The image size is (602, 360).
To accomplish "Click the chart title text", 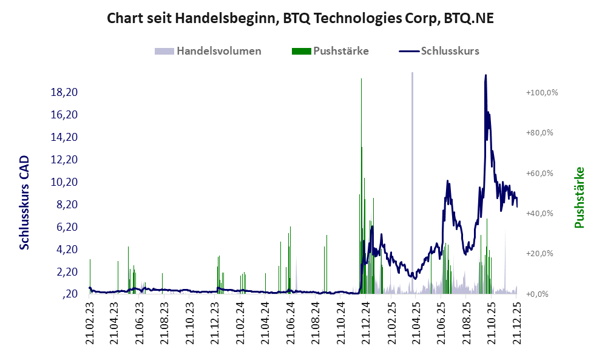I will pyautogui.click(x=300, y=18).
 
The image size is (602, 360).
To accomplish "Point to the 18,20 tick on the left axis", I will pyautogui.click(x=64, y=92).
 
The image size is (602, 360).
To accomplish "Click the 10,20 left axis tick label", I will pyautogui.click(x=64, y=182).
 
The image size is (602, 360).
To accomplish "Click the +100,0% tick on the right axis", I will pyautogui.click(x=542, y=92).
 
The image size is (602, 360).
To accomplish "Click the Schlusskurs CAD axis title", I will pyautogui.click(x=25, y=202).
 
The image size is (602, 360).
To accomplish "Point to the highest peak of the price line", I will pyautogui.click(x=485, y=76).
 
